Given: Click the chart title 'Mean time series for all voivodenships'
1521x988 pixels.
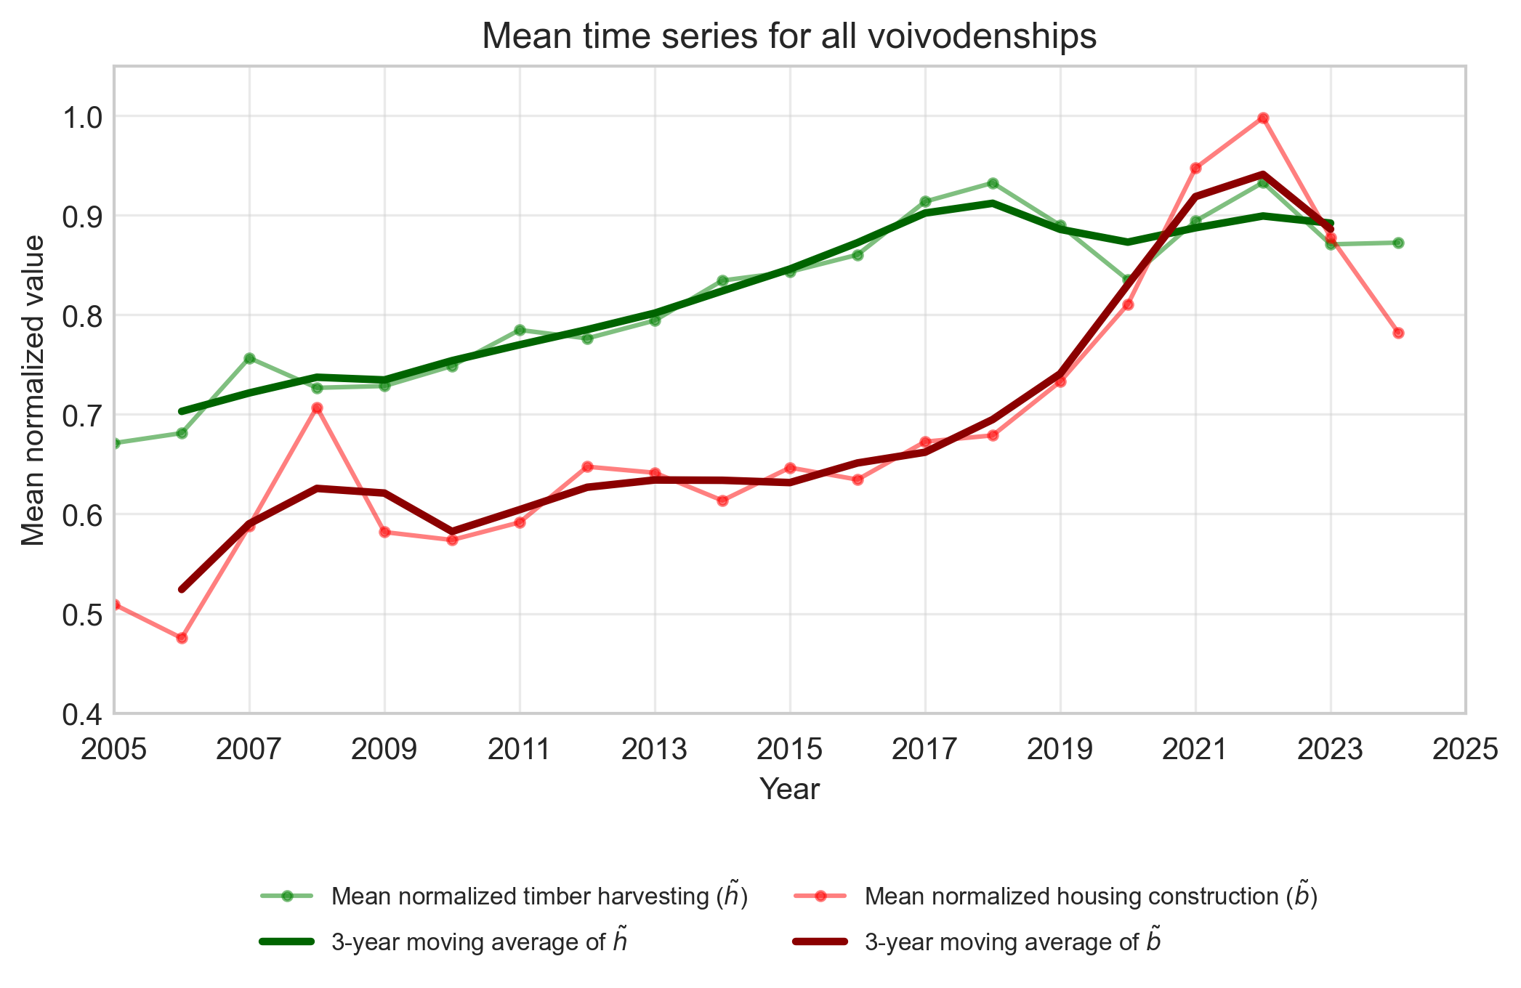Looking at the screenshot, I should point(789,36).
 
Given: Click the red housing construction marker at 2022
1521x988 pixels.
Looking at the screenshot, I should point(1263,118).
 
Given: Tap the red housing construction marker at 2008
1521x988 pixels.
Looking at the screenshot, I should point(317,408).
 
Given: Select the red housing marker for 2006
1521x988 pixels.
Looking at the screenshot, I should point(182,638).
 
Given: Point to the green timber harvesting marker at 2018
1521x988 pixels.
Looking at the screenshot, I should point(993,183).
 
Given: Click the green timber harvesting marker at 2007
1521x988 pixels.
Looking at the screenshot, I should point(249,358).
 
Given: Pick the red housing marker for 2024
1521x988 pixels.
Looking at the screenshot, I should point(1398,333).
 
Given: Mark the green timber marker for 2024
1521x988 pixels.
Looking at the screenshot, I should point(1398,243).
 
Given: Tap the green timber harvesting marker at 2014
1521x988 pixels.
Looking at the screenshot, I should point(722,280).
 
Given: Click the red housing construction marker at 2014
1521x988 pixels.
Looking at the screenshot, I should point(722,501).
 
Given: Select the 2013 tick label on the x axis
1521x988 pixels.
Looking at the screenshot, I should point(655,750).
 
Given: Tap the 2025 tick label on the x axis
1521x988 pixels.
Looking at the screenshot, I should point(1465,750).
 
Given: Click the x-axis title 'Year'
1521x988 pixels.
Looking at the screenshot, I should point(789,790).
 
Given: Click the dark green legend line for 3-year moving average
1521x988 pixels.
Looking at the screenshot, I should point(287,942).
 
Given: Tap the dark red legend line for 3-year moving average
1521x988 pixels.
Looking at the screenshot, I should point(820,942).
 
